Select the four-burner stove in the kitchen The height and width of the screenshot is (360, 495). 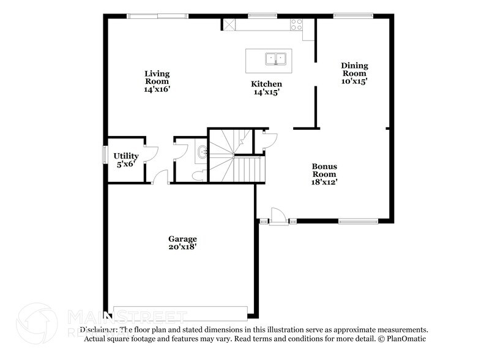(296, 25)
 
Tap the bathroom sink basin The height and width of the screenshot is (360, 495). (202, 152)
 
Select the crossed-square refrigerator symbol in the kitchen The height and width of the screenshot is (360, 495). (229, 25)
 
